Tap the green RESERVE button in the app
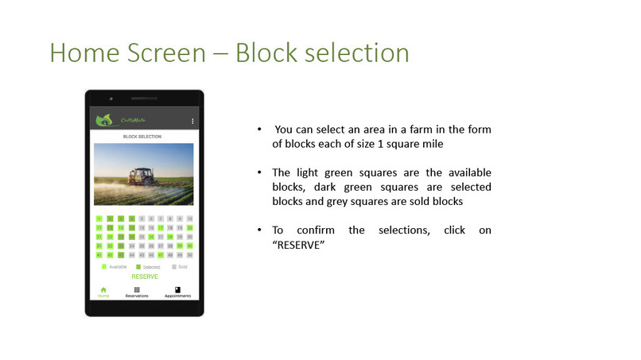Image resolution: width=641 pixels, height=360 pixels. coord(145,277)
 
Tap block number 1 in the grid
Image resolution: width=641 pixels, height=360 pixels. coord(99,219)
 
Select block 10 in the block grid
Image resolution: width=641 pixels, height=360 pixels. coord(189,219)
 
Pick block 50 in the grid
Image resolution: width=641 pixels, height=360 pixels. coord(189,255)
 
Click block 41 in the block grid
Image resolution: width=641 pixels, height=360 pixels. coord(99,255)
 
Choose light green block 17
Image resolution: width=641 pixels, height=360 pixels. coord(160,227)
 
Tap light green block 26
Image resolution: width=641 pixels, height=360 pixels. coord(150,237)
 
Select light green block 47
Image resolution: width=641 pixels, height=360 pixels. coord(160,255)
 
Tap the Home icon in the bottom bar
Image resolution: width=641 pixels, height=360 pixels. coord(103,290)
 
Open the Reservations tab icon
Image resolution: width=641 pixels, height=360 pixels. coord(137,290)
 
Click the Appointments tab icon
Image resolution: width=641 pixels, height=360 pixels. coord(177,290)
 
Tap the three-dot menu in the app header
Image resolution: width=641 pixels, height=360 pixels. coord(192,121)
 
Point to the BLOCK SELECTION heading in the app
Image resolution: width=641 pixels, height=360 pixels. coord(142,137)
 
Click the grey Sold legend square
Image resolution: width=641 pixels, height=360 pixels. coord(173,267)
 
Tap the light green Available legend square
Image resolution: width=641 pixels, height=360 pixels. coord(104,267)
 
